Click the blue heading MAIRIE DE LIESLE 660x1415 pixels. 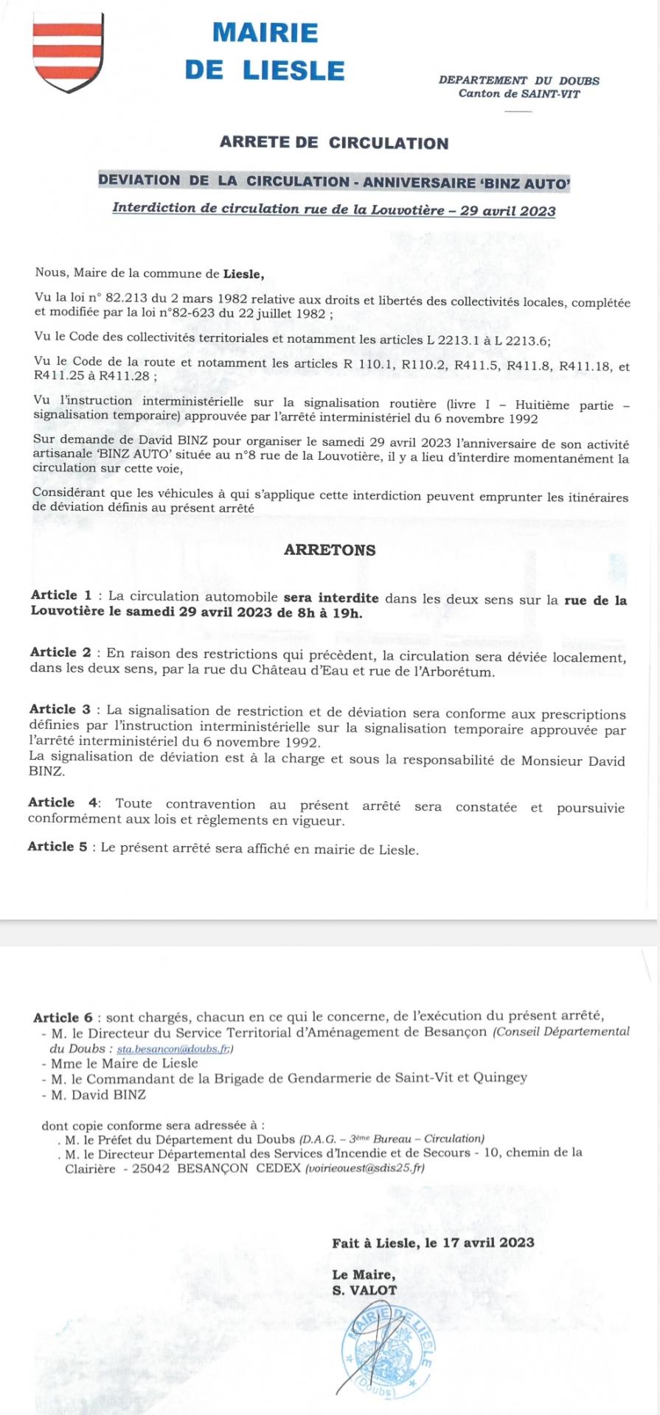coord(265,51)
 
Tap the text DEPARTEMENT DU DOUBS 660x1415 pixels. coord(518,80)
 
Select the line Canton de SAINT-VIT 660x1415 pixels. coord(518,94)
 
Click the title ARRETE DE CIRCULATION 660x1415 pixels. coord(333,143)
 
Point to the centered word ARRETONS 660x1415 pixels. coord(330,550)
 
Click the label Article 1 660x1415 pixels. coord(61,595)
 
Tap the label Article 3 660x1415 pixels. coord(60,710)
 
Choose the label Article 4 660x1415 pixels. coord(62,803)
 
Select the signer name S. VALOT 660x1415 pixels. coord(364,1290)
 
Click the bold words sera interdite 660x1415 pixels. coord(331,598)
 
